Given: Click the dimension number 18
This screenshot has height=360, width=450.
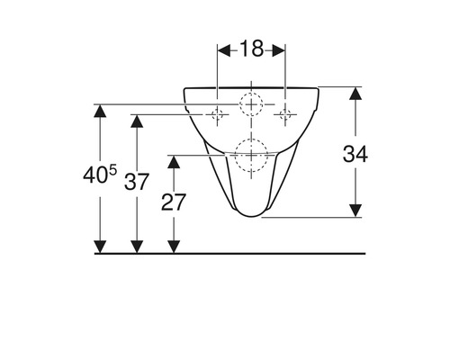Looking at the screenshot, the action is point(251,49).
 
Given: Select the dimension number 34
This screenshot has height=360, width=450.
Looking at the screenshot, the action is point(355,154).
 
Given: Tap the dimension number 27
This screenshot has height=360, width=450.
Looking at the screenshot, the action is point(174,202).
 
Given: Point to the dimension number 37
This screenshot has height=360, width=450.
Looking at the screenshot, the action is point(137,182).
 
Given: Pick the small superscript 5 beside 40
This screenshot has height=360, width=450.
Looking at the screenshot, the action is point(112,171).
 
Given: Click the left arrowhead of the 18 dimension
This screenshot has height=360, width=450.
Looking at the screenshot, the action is point(224,50).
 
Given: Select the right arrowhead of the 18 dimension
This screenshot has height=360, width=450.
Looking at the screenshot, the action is point(279,50).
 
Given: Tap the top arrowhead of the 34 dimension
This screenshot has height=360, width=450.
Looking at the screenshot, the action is point(355,93).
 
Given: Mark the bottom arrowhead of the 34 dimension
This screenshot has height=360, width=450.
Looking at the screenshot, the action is point(355,211).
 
